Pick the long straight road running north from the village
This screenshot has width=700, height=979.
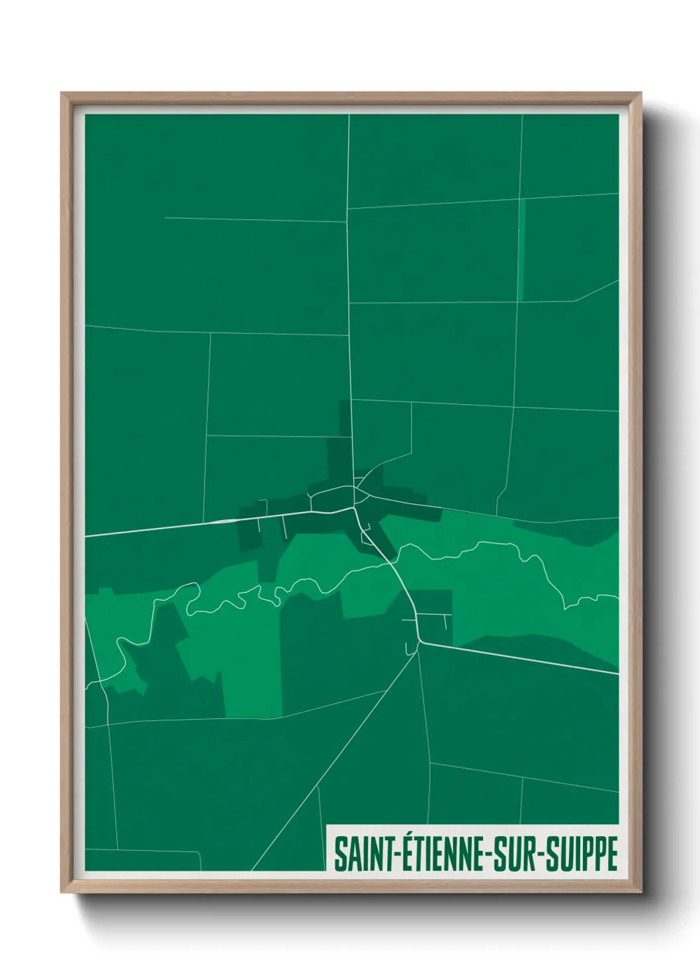pos(349,298)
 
